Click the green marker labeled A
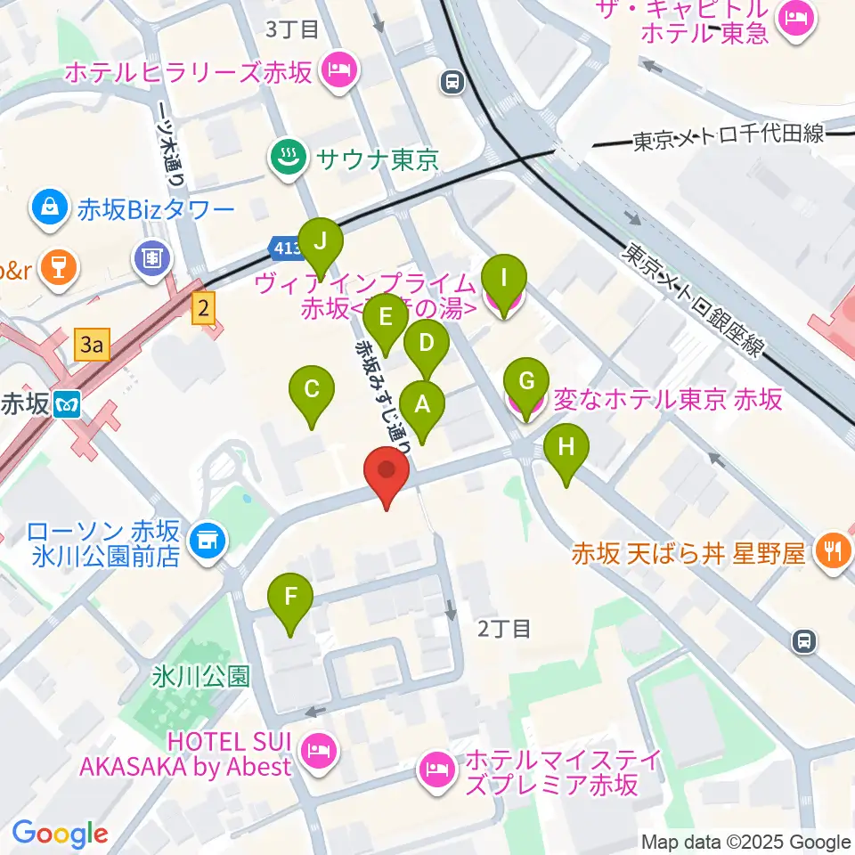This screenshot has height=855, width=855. [x=422, y=406]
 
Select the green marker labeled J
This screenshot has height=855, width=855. [x=319, y=242]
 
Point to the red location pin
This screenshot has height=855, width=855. [x=387, y=472]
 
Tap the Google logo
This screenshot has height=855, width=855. [x=60, y=834]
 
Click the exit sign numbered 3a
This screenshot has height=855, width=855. [x=92, y=345]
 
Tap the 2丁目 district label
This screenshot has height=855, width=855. [x=504, y=629]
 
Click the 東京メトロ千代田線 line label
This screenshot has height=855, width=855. [x=729, y=140]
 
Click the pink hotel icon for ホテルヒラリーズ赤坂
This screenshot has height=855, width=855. [x=338, y=71]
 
